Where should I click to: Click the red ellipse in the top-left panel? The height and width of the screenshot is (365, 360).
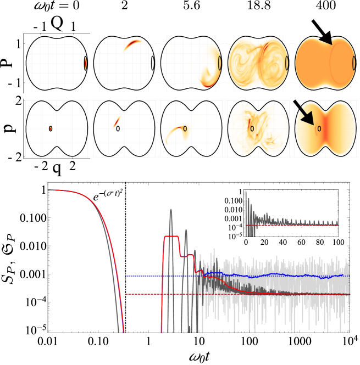click(85, 63)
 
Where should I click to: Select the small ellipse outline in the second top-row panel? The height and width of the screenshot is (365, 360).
click(153, 63)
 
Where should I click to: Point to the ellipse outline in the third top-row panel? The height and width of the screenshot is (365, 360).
click(220, 63)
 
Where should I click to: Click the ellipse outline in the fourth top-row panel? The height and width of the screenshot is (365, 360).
click(287, 63)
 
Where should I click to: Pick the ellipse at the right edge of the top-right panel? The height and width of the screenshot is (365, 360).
click(354, 63)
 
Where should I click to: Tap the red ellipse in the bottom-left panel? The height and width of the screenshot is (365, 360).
click(51, 128)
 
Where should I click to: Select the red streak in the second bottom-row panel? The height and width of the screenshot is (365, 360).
click(117, 121)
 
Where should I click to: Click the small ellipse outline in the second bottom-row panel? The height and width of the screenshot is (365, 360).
click(118, 128)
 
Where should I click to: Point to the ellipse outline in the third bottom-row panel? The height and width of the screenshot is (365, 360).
click(185, 128)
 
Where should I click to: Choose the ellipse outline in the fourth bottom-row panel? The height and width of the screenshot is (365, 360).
click(252, 128)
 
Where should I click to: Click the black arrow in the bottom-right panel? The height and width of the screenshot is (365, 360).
click(303, 113)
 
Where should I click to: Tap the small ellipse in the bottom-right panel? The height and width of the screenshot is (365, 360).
click(319, 128)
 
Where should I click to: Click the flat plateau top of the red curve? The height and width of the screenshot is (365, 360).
click(171, 237)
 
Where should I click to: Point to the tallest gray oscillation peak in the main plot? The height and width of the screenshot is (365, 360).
click(170, 210)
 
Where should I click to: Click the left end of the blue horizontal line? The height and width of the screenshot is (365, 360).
click(126, 276)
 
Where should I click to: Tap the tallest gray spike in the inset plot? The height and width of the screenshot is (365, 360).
click(246, 193)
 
